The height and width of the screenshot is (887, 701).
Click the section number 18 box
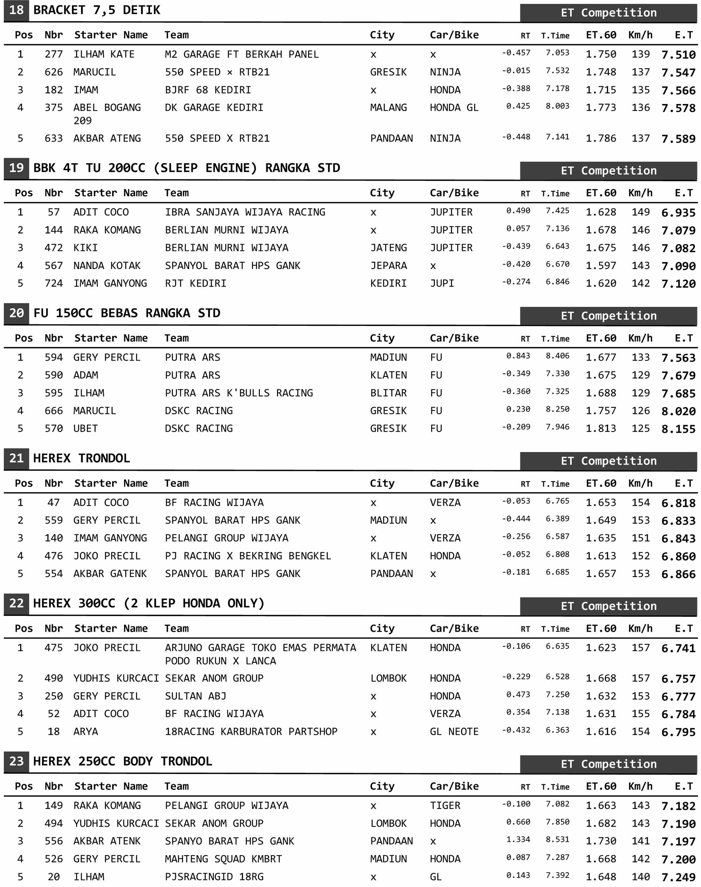click(16, 10)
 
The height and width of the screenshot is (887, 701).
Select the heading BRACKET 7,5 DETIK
click(96, 10)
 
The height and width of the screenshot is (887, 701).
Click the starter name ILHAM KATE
click(104, 54)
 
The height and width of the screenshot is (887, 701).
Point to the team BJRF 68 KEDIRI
click(208, 90)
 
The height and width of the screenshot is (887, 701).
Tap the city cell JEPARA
click(388, 266)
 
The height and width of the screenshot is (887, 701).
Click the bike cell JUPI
click(442, 283)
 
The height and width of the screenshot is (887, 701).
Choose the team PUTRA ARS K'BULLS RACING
click(239, 393)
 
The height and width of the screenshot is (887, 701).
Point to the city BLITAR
click(388, 393)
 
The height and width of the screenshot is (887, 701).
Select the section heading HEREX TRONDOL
click(81, 458)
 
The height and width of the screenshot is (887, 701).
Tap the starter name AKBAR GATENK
click(110, 573)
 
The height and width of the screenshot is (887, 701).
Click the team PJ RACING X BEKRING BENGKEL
click(248, 556)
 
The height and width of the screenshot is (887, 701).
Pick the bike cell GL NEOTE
click(454, 731)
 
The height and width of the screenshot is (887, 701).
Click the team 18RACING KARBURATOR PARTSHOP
click(251, 731)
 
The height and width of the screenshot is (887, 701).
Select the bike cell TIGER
click(445, 805)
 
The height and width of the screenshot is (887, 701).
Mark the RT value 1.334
click(518, 839)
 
